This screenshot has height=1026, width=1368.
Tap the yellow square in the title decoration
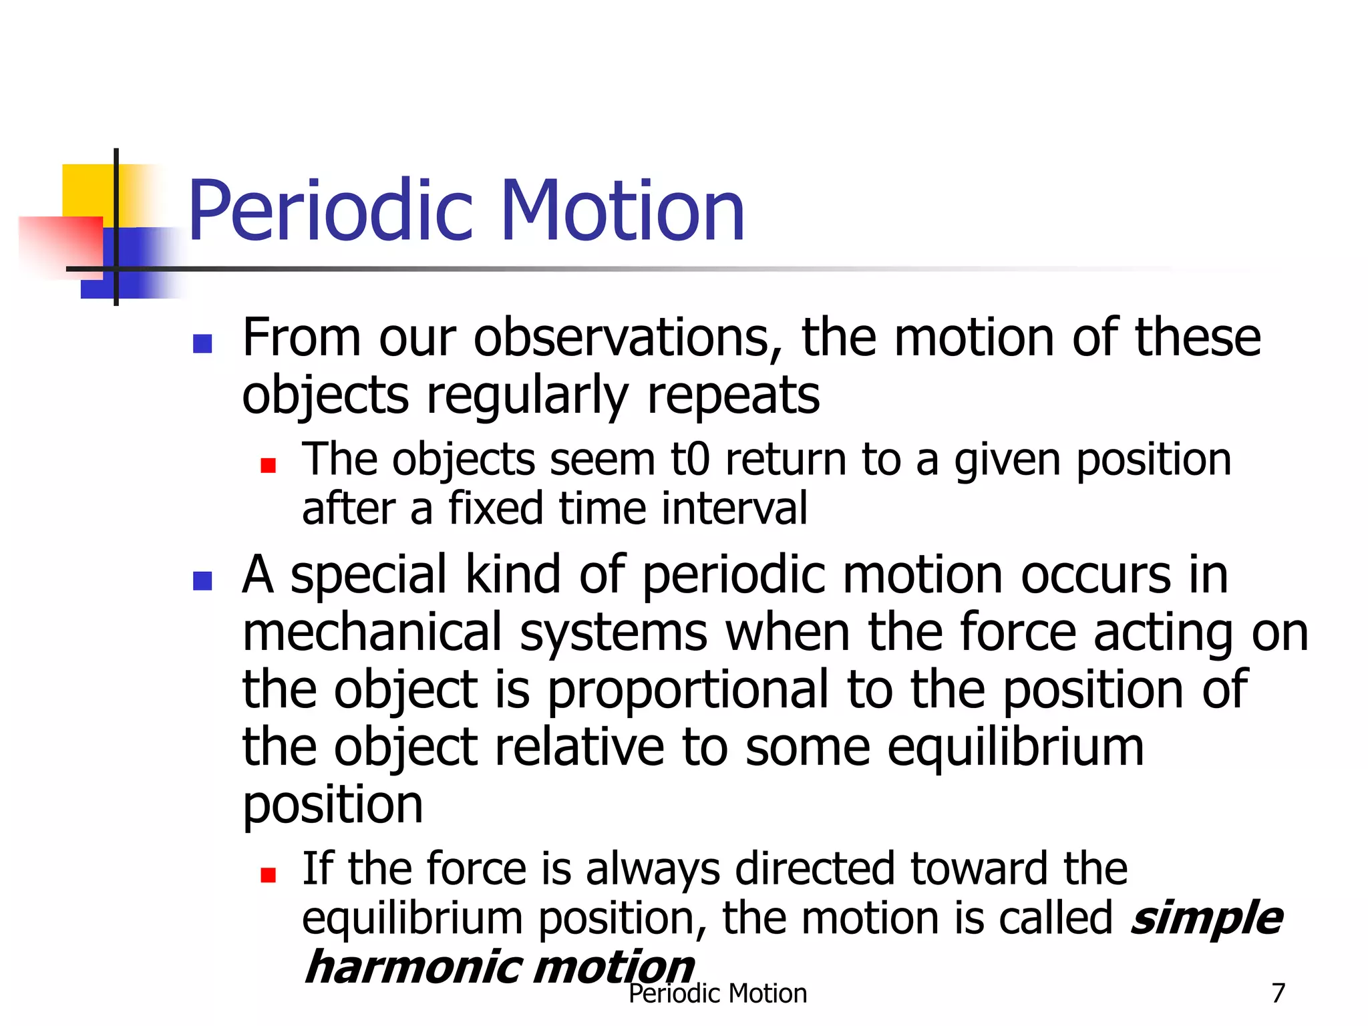[x=87, y=190]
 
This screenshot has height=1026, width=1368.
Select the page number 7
[x=1278, y=993]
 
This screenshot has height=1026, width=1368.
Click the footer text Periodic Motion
[x=717, y=994]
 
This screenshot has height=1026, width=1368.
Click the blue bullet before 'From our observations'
[x=202, y=343]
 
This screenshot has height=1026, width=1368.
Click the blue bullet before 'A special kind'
[x=202, y=580]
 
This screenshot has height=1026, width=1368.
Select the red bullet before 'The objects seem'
[x=268, y=465]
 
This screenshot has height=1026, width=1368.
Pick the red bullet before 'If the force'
[x=268, y=874]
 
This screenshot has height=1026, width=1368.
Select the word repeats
[x=733, y=395]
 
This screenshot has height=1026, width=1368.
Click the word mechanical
[x=371, y=633]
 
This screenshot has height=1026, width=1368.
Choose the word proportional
[x=688, y=690]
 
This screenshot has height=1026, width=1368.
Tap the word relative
[x=579, y=747]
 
